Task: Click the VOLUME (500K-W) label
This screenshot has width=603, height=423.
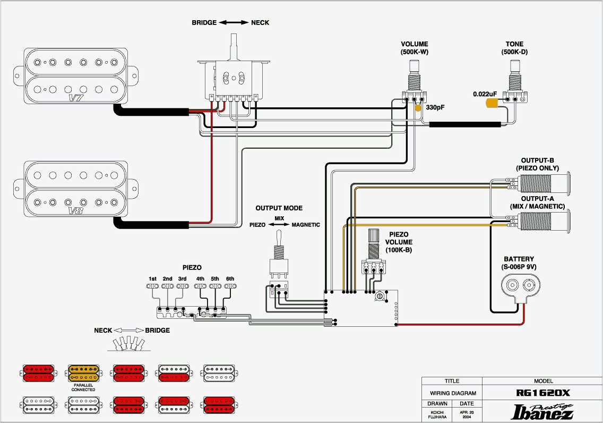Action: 414,48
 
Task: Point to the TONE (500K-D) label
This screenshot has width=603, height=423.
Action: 514,48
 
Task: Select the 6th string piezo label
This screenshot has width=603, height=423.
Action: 230,279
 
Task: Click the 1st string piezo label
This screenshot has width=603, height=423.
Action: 152,279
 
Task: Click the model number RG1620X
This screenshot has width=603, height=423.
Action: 543,393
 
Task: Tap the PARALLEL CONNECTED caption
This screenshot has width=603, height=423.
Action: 83,387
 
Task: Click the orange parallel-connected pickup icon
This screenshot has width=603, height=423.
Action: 83,374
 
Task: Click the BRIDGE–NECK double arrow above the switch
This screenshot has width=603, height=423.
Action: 234,23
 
